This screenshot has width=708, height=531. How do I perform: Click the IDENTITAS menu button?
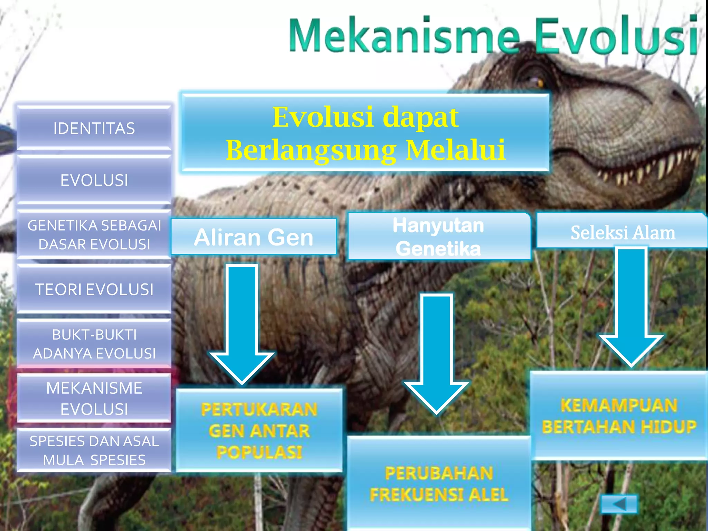pyautogui.click(x=94, y=128)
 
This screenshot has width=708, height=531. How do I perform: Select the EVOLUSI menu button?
pyautogui.click(x=94, y=180)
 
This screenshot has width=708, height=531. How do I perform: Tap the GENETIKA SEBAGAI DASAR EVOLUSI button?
pyautogui.click(x=94, y=235)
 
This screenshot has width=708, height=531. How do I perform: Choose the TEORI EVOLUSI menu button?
pyautogui.click(x=94, y=289)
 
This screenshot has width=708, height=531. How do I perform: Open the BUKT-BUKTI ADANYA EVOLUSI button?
pyautogui.click(x=94, y=344)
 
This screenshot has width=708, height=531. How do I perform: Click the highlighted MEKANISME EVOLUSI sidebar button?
pyautogui.click(x=94, y=398)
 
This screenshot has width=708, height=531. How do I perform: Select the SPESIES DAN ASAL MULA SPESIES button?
pyautogui.click(x=94, y=450)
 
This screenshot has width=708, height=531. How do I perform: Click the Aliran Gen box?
pyautogui.click(x=253, y=237)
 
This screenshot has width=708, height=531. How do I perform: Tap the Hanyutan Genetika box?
pyautogui.click(x=438, y=237)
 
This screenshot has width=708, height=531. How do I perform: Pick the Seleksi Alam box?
pyautogui.click(x=622, y=232)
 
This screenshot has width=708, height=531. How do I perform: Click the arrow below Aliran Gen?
pyautogui.click(x=242, y=325)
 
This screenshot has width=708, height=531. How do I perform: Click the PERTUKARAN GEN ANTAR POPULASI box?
pyautogui.click(x=259, y=430)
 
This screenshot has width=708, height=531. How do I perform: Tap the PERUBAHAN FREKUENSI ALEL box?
pyautogui.click(x=438, y=484)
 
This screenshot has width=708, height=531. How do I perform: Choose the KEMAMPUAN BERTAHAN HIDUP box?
pyautogui.click(x=619, y=416)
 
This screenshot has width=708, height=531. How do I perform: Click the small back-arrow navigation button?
pyautogui.click(x=619, y=504)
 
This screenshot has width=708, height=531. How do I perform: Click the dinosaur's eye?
pyautogui.click(x=539, y=83)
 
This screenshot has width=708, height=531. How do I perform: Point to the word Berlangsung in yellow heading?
pyautogui.click(x=311, y=150)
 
